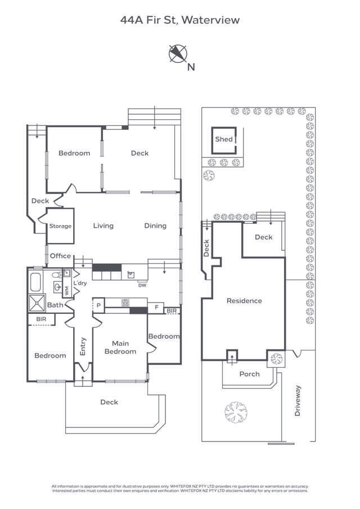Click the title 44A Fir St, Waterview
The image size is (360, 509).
(x=180, y=20)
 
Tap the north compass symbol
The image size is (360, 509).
(x=178, y=54)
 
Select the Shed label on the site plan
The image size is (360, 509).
(x=223, y=139)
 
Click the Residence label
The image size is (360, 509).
(x=244, y=301)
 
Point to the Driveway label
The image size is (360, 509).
(x=298, y=400)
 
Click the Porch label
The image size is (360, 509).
(x=249, y=374)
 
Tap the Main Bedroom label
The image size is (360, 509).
(x=120, y=348)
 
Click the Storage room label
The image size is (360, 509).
(x=60, y=226)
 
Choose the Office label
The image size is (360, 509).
(x=60, y=256)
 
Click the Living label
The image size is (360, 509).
(x=103, y=226)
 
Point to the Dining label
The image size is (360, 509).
(x=155, y=226)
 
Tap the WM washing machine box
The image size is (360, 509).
(x=67, y=291)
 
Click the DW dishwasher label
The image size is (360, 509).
(x=142, y=285)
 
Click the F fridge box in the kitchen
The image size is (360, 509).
(x=156, y=307)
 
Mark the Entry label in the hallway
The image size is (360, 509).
(x=83, y=346)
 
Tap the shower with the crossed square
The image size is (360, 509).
(x=39, y=303)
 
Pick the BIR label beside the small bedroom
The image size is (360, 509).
(x=172, y=310)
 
